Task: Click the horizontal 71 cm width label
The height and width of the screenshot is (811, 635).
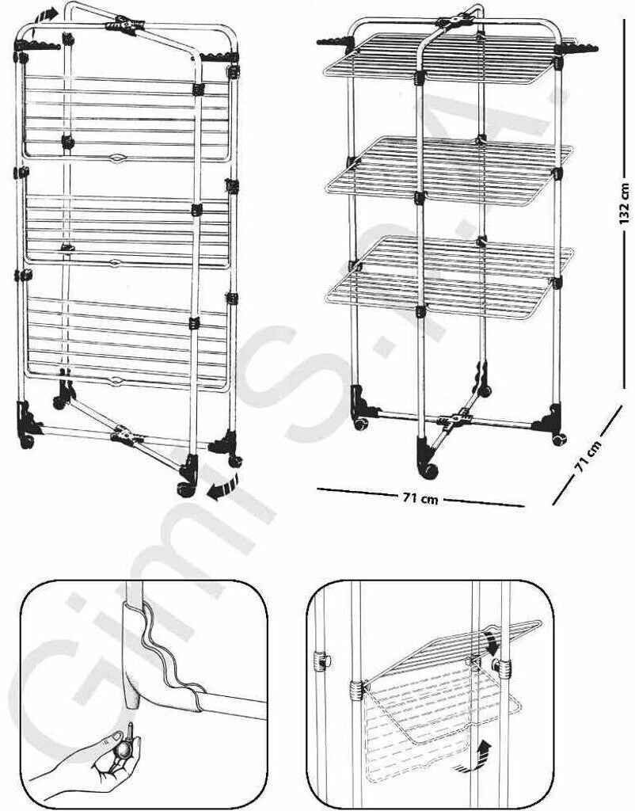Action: [420, 498]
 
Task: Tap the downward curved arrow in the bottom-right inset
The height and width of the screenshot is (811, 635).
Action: [491, 638]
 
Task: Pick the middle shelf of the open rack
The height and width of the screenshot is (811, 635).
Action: [447, 170]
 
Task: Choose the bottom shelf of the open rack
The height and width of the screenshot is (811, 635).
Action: [447, 273]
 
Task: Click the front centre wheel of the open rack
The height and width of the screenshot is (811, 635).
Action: [429, 469]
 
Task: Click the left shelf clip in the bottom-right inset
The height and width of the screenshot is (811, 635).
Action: [321, 661]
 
